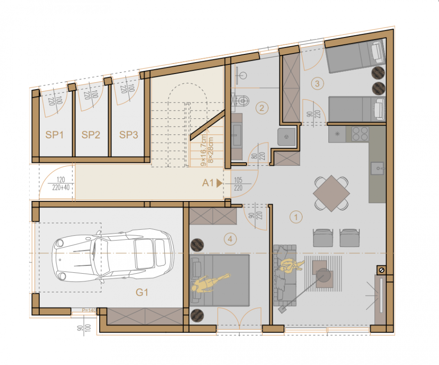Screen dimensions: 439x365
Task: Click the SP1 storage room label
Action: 54,135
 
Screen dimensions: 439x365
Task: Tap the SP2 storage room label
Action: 91,135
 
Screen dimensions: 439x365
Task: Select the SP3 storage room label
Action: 128,135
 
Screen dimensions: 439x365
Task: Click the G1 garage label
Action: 142,292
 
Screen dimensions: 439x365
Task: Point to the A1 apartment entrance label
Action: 208,183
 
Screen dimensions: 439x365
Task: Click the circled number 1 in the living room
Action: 296,217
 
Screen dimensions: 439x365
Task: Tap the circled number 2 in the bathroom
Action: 262,108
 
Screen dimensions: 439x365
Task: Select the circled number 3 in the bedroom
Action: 317,83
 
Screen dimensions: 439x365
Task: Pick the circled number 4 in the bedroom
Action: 230,239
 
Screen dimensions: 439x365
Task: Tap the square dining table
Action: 332,193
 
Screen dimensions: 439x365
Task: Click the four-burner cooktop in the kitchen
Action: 360,134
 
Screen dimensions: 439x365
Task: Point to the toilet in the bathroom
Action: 241,101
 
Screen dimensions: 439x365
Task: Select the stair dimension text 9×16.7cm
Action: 203,150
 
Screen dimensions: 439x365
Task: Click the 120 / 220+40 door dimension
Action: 61,184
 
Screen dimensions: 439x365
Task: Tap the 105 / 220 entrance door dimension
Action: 238,184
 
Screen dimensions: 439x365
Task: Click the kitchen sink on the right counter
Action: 378,168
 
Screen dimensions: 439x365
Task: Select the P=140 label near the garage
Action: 89,310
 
